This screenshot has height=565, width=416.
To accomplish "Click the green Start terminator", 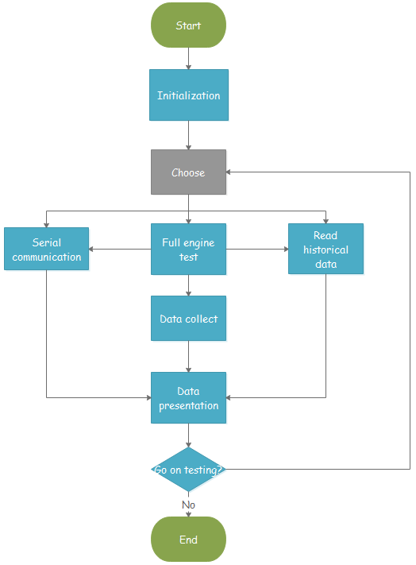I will (188, 25).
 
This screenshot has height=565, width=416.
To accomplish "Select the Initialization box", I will (188, 95).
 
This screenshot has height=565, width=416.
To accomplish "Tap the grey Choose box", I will (188, 172).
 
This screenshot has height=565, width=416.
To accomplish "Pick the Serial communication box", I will (46, 250).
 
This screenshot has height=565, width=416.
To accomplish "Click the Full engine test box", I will (188, 250).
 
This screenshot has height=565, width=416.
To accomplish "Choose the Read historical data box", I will (325, 250).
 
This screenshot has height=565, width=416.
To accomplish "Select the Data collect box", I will (188, 319).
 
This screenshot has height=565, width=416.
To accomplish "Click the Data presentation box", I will (188, 398).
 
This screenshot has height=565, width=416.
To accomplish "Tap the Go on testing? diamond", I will (188, 469).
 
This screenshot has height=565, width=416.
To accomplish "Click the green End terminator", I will (188, 540).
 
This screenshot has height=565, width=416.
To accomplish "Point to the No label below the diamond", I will (188, 505).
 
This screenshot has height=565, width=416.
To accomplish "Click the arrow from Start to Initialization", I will (188, 58).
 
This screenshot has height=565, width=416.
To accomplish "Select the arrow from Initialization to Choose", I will (188, 135).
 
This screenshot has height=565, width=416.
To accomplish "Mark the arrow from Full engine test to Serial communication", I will (120, 249).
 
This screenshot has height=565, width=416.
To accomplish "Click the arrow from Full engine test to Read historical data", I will (256, 249).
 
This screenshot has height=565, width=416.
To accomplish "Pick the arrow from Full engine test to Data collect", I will (188, 285).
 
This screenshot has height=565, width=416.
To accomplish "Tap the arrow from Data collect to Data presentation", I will (188, 357).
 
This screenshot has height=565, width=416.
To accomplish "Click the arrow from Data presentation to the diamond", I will (188, 435).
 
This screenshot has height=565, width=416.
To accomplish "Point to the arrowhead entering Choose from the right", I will (230, 172).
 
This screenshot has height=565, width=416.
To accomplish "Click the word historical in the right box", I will (325, 250).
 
